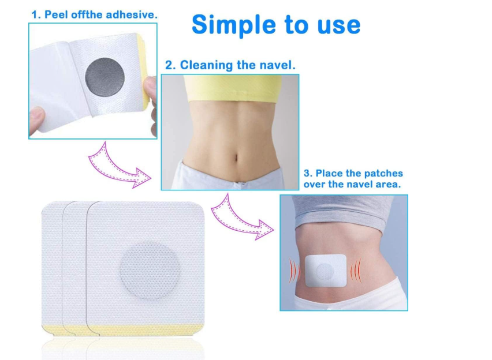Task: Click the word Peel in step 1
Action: point(54,14)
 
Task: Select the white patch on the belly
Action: point(325,270)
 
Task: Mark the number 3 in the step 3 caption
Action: point(306,173)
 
